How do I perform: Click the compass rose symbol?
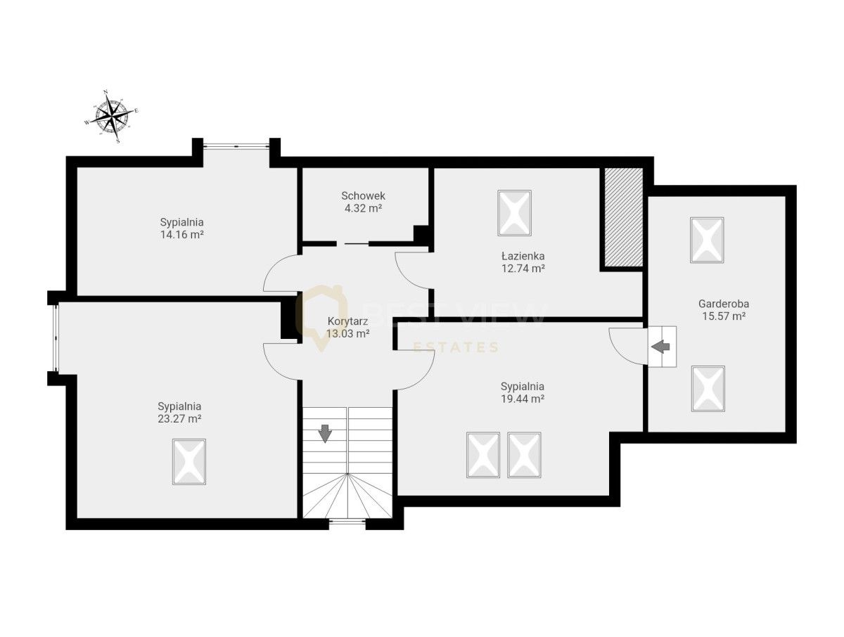(111, 117)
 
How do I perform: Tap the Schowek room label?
(363, 195)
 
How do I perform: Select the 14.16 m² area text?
(181, 234)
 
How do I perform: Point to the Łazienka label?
(523, 256)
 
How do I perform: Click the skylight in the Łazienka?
(514, 213)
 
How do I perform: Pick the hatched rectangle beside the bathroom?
(623, 217)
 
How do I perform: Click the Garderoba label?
(724, 304)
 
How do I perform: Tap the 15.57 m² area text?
(724, 316)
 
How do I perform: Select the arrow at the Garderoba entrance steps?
(660, 347)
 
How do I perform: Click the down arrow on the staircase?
(326, 434)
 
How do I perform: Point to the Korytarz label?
(347, 321)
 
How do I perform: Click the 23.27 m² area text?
(179, 418)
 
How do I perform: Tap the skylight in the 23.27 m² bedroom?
(189, 462)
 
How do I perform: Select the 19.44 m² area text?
(522, 399)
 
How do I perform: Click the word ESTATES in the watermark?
(456, 348)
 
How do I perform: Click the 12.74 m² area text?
(523, 268)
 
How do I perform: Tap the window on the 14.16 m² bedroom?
(236, 146)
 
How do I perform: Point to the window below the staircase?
(347, 522)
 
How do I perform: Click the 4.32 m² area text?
(363, 208)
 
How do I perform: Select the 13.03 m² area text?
(347, 333)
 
